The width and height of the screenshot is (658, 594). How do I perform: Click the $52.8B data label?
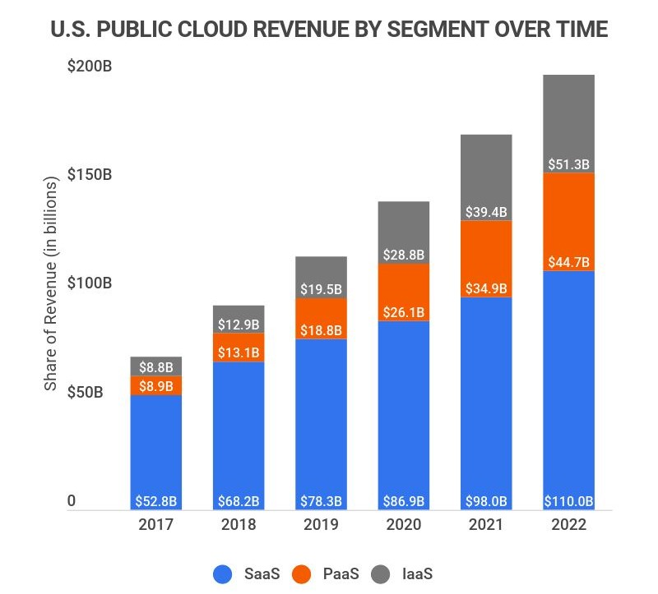click(x=156, y=501)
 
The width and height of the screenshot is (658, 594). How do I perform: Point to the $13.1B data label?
click(x=239, y=352)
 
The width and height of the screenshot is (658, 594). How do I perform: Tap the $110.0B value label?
click(x=568, y=501)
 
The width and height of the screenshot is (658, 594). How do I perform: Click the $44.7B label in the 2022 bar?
click(x=568, y=263)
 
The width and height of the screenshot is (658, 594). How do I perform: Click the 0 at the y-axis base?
click(x=72, y=501)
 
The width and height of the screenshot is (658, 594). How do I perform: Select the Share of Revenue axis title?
click(x=49, y=283)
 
